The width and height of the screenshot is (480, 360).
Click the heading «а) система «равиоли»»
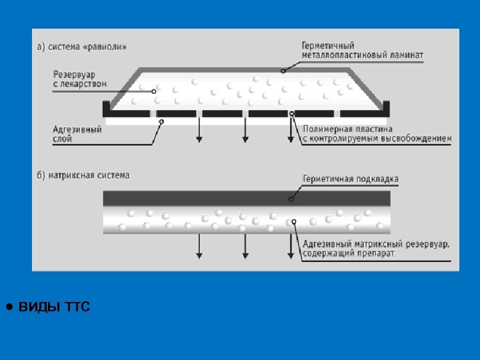81,47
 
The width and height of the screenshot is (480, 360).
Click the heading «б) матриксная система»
83,175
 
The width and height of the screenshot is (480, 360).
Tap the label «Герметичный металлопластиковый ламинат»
362,51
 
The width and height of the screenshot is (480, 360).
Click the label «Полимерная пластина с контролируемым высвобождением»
377,134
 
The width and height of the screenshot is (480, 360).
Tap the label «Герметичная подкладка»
351,179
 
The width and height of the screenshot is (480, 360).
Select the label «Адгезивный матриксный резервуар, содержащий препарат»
376,249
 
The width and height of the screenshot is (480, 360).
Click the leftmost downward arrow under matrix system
199,247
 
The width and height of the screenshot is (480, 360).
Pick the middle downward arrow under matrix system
245,247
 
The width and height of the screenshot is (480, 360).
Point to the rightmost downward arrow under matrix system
291,247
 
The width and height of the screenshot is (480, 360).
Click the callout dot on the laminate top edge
283,70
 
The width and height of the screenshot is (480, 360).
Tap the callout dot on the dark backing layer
291,198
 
